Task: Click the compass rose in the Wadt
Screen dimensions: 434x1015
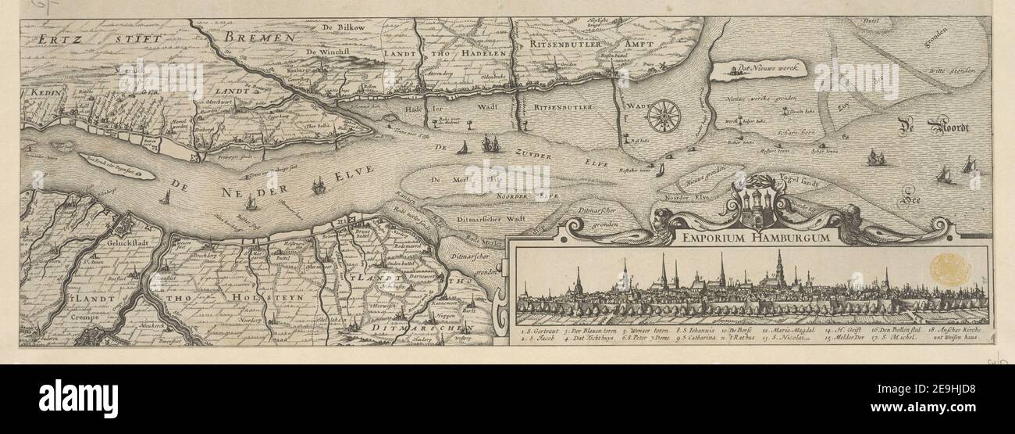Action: (x=664, y=116)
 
